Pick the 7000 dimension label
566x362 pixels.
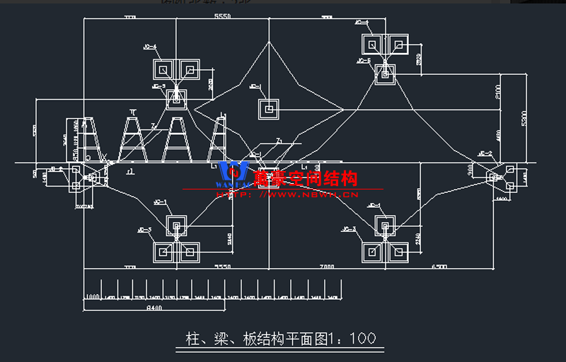326,267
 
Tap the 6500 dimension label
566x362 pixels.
440,267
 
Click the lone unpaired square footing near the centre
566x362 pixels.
268,109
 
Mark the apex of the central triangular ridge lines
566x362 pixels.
269,42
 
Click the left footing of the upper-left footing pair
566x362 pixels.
163,70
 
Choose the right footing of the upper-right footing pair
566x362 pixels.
398,45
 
